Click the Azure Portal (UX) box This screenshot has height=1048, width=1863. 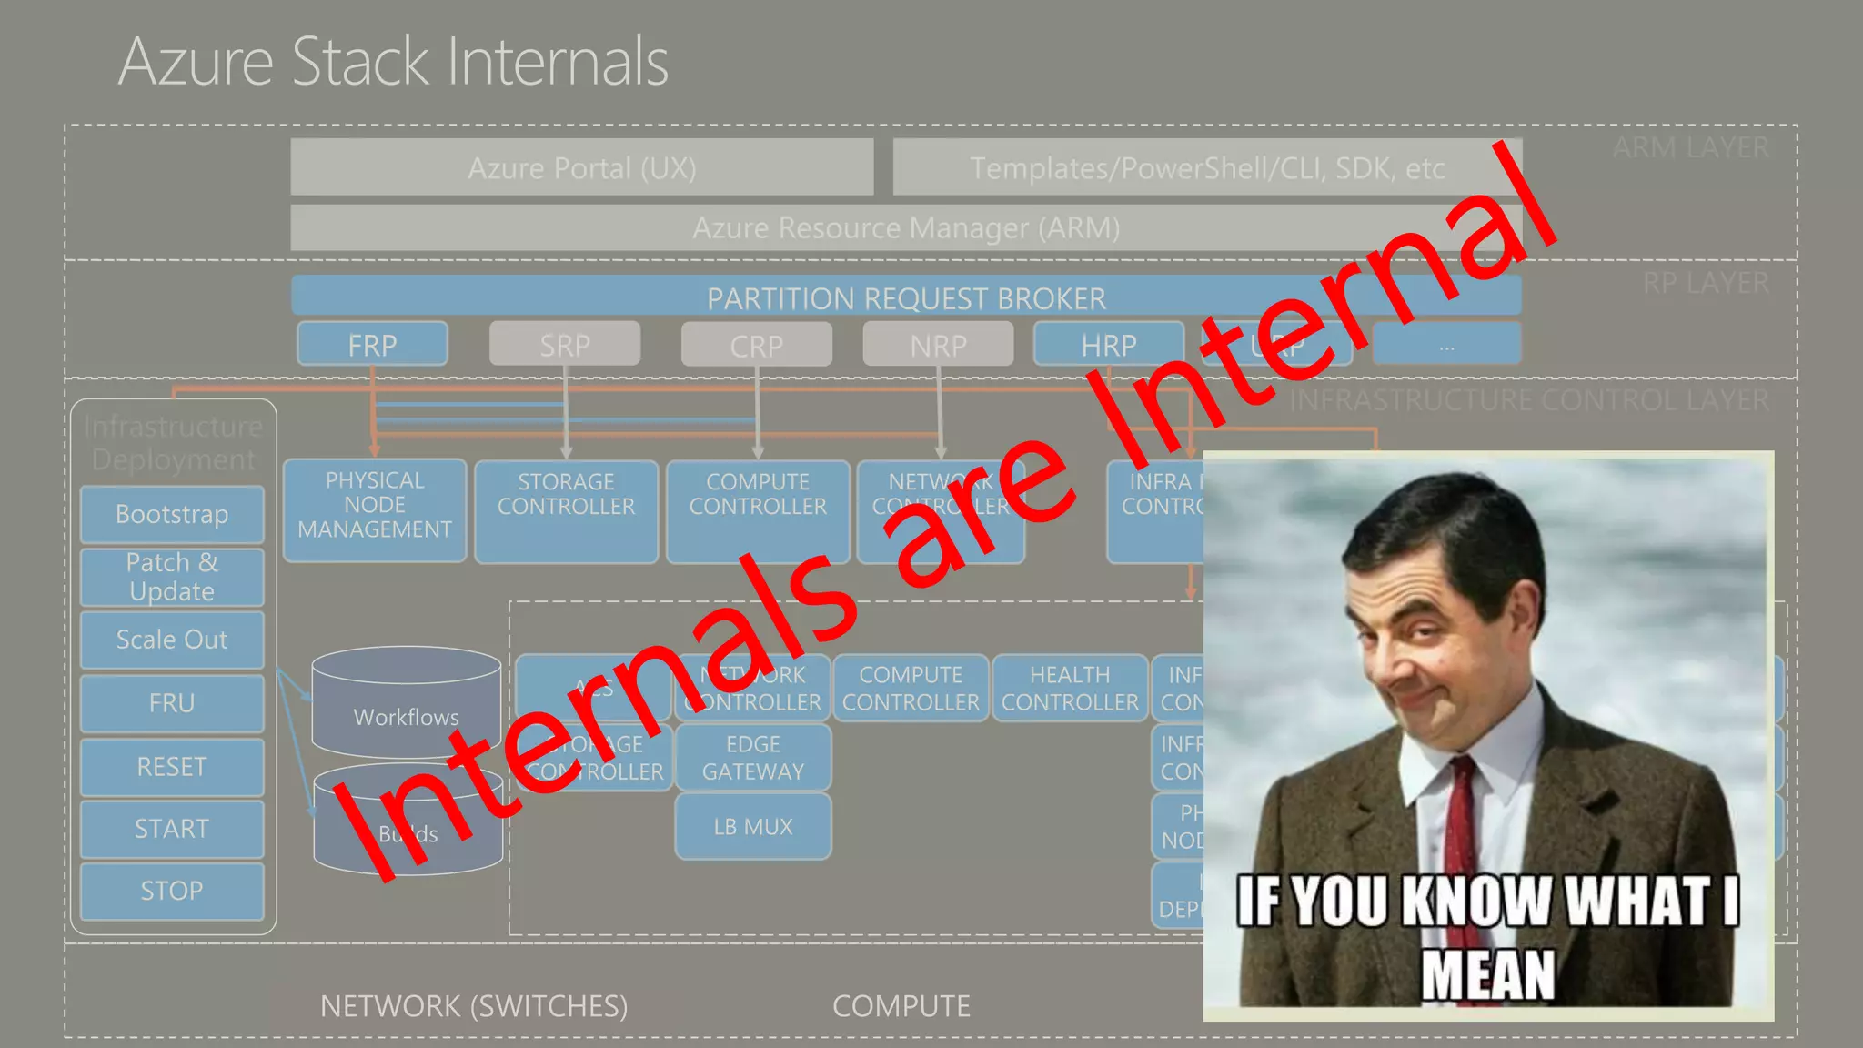pyautogui.click(x=582, y=167)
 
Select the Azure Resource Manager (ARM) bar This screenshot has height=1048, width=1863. pyautogui.click(x=905, y=227)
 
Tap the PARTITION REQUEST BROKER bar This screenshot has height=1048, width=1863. pyautogui.click(x=906, y=297)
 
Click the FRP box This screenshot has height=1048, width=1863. pyautogui.click(x=372, y=345)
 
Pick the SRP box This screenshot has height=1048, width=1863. pyautogui.click(x=565, y=345)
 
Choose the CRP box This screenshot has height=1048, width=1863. pyautogui.click(x=756, y=346)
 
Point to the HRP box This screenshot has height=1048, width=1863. pyautogui.click(x=1108, y=345)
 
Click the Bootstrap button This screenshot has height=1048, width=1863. pyautogui.click(x=172, y=514)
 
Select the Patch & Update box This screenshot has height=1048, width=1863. pyautogui.click(x=172, y=577)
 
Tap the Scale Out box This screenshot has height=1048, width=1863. pyautogui.click(x=172, y=640)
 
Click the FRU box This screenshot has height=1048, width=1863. pyautogui.click(x=172, y=703)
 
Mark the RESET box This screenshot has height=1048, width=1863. pyautogui.click(x=172, y=767)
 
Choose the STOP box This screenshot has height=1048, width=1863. pyautogui.click(x=172, y=891)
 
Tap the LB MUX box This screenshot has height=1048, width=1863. pyautogui.click(x=753, y=826)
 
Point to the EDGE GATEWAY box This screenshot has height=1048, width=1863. pyautogui.click(x=753, y=757)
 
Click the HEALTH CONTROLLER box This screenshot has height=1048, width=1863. pyautogui.click(x=1070, y=689)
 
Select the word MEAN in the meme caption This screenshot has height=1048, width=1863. pyautogui.click(x=1488, y=975)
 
